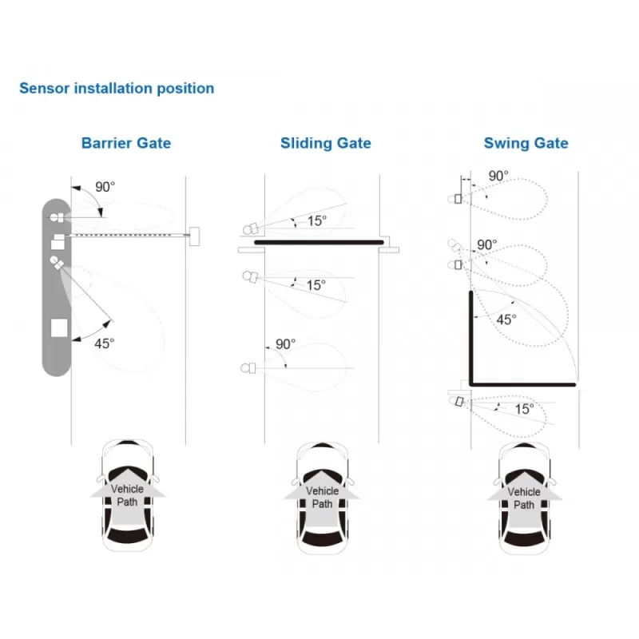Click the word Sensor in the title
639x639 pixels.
(x=44, y=88)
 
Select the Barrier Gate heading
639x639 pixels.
(x=126, y=144)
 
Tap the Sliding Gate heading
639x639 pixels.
(x=325, y=144)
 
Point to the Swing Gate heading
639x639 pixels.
(x=526, y=144)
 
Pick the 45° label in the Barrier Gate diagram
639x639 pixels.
(x=104, y=343)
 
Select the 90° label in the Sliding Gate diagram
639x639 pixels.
(x=285, y=344)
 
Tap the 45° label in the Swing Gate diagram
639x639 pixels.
(x=506, y=319)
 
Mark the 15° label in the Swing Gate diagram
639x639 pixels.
(x=523, y=408)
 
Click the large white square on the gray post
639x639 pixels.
(x=59, y=327)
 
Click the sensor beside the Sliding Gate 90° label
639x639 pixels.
(x=248, y=368)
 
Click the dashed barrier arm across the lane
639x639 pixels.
(x=128, y=235)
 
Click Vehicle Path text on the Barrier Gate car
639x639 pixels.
(x=127, y=496)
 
